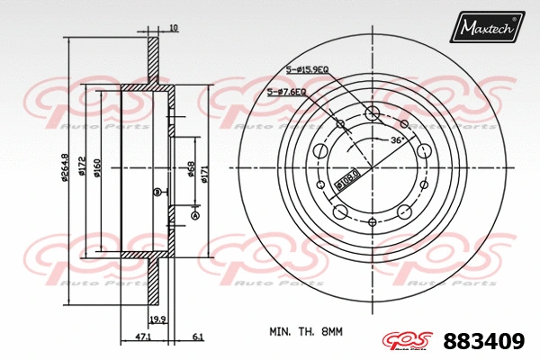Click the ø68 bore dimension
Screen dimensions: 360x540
coord(192,169)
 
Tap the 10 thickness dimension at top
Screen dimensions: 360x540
coord(174,29)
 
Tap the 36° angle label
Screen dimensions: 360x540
coord(395,140)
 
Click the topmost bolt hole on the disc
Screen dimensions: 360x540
coord(373,113)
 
